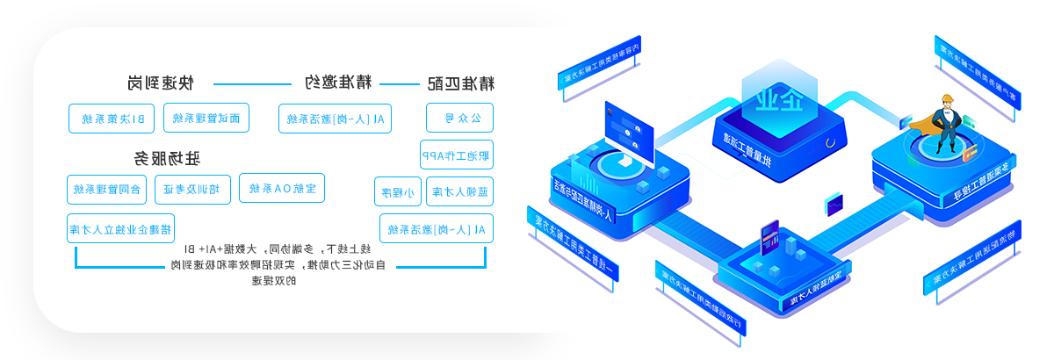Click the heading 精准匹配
[x=460, y=84]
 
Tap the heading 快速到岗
[x=160, y=83]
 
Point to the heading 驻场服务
[x=167, y=159]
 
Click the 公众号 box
[x=459, y=118]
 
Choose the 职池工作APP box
[x=456, y=155]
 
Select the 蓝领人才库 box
[x=459, y=191]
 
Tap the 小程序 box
[x=397, y=191]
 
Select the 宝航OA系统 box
[x=282, y=188]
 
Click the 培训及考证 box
[x=193, y=190]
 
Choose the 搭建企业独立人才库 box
[x=120, y=228]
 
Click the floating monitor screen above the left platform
[x=630, y=126]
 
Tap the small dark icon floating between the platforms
[x=834, y=205]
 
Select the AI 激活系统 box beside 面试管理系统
[x=335, y=119]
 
